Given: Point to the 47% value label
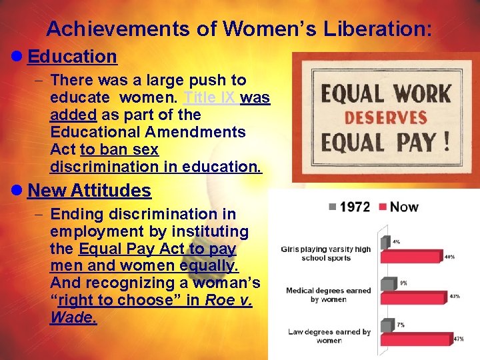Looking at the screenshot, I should pyautogui.click(x=458, y=339).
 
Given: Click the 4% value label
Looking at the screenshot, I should pyautogui.click(x=396, y=241).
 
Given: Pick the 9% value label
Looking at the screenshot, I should pyautogui.click(x=403, y=283).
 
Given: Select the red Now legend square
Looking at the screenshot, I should pyautogui.click(x=383, y=207).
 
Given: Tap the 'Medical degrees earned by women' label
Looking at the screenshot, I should pyautogui.click(x=328, y=295).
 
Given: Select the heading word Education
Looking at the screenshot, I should pyautogui.click(x=73, y=57).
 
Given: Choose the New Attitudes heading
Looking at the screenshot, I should pyautogui.click(x=90, y=191).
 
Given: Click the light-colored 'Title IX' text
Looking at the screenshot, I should pyautogui.click(x=209, y=97).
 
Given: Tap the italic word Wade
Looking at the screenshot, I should pyautogui.click(x=73, y=317).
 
